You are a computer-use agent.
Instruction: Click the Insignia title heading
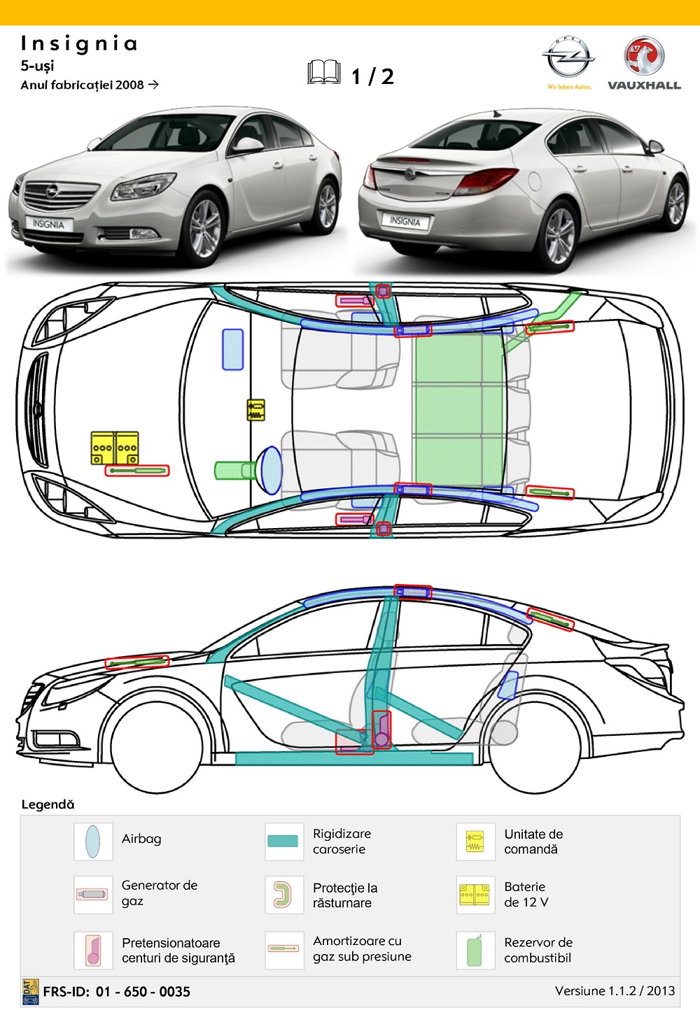[79, 44]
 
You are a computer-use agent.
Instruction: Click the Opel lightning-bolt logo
[568, 57]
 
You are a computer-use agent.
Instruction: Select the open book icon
[324, 73]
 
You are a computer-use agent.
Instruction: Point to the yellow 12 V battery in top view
[115, 448]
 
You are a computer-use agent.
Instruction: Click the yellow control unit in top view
[256, 409]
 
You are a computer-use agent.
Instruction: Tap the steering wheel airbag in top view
[270, 470]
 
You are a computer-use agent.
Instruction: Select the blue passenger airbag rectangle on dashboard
[232, 349]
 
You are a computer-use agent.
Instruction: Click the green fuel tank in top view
[458, 409]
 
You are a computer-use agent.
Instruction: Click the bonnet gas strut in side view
[137, 662]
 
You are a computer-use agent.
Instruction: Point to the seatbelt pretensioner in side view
[381, 730]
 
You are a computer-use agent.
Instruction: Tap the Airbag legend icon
[92, 841]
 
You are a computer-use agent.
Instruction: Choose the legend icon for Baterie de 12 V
[475, 895]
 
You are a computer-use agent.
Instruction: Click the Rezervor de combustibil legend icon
[475, 951]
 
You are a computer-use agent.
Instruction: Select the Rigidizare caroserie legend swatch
[283, 841]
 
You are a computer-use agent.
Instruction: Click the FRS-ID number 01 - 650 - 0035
[143, 991]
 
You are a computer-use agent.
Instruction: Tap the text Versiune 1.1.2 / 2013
[615, 990]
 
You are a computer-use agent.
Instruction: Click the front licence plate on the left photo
[48, 224]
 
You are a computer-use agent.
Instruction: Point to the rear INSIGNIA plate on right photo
[405, 221]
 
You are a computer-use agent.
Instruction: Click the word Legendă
[48, 804]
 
